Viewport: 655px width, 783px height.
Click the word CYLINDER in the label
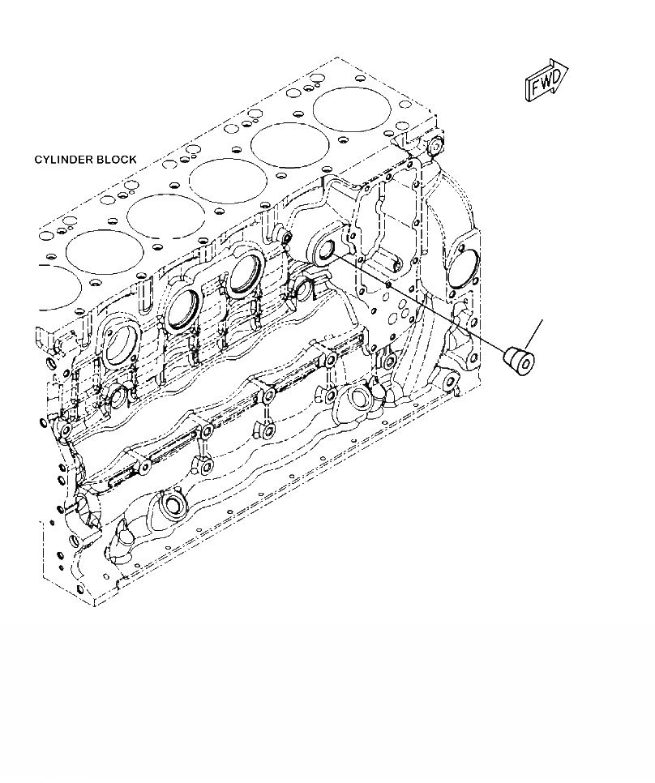tap(64, 160)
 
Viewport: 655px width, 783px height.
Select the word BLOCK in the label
tap(117, 160)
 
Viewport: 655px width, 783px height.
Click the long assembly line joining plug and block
tap(422, 302)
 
